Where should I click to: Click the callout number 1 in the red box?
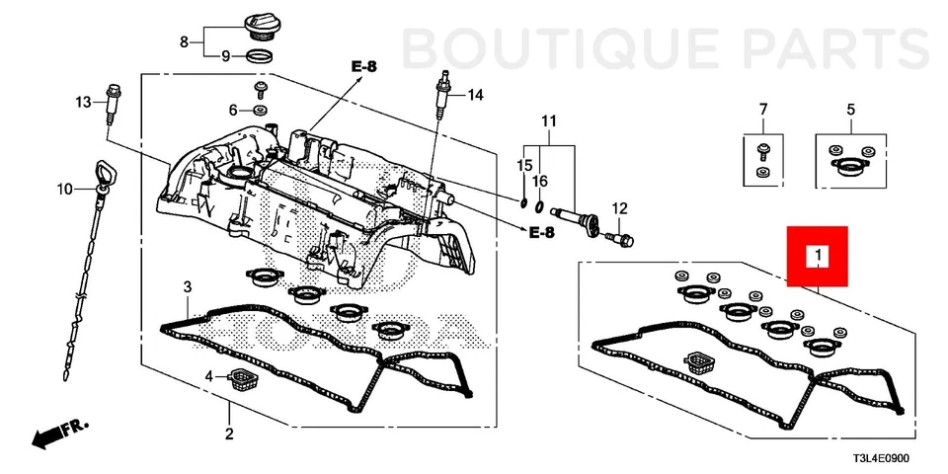818,257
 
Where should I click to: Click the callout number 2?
229,434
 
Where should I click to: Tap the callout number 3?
186,287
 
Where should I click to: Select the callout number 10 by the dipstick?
64,189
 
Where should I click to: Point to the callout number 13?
84,102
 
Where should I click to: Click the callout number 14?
475,95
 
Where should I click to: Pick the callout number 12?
619,208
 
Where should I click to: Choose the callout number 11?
548,121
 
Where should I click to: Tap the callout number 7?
762,108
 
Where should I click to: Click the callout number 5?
850,108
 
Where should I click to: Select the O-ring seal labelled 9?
260,56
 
